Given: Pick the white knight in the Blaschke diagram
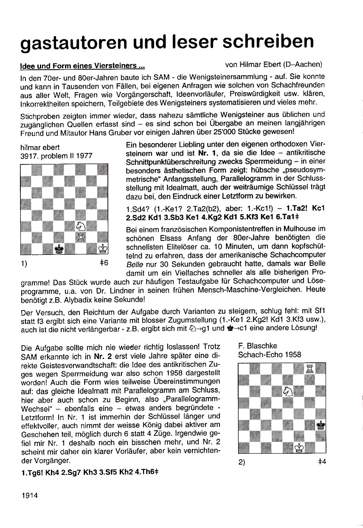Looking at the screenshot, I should [288, 390].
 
